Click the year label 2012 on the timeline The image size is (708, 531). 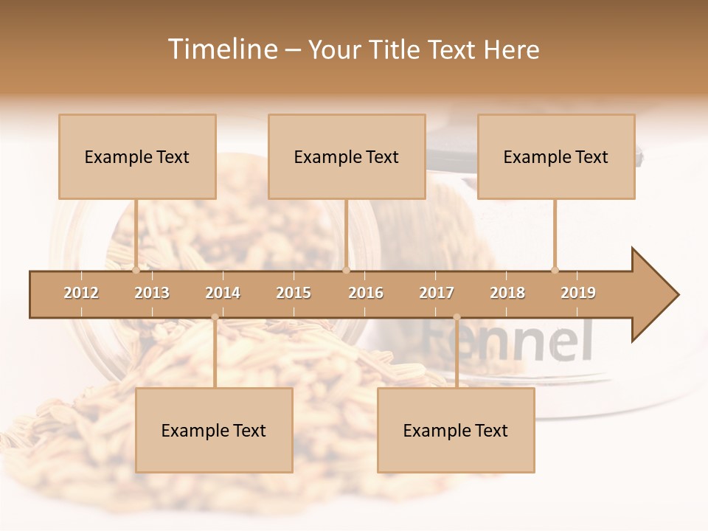[x=81, y=293]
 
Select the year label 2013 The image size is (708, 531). [x=152, y=293]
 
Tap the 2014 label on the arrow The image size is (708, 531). [x=223, y=293]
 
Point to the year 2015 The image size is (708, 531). [x=294, y=293]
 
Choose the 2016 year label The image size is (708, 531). [x=366, y=293]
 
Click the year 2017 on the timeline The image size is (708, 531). [x=437, y=293]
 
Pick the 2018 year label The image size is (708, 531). [x=507, y=293]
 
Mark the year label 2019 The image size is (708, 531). [x=578, y=293]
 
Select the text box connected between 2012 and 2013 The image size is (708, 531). [x=137, y=156]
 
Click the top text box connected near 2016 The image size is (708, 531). [x=347, y=156]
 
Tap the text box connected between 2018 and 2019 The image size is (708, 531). [x=556, y=156]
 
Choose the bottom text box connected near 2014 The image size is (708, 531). [x=214, y=430]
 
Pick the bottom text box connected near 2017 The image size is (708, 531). [x=456, y=430]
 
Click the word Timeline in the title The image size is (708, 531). [x=221, y=49]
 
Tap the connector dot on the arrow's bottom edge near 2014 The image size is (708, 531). [x=215, y=317]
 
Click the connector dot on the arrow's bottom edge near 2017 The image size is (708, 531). [x=457, y=317]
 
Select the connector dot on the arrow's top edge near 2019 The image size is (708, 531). [x=555, y=270]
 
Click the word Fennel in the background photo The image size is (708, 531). [x=509, y=341]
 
